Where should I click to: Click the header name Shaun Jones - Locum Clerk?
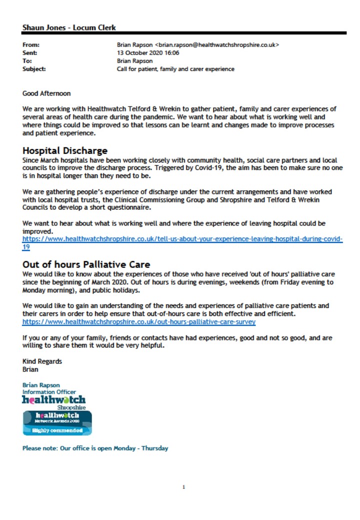click(69, 27)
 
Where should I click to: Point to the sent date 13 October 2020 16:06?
click(148, 53)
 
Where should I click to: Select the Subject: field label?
click(34, 69)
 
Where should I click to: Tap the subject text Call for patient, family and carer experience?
click(175, 69)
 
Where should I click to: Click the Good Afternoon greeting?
click(46, 93)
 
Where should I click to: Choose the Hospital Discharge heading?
click(65, 150)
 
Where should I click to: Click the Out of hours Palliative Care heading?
click(86, 264)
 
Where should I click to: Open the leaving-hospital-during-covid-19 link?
click(182, 239)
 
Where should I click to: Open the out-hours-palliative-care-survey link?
click(139, 321)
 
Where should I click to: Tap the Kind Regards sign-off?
click(42, 361)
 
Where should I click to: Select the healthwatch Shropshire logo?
click(54, 401)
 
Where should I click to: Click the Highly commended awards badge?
click(57, 423)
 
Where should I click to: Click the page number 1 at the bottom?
click(183, 487)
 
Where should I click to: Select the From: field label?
click(31, 45)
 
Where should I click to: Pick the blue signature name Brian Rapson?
click(41, 385)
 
